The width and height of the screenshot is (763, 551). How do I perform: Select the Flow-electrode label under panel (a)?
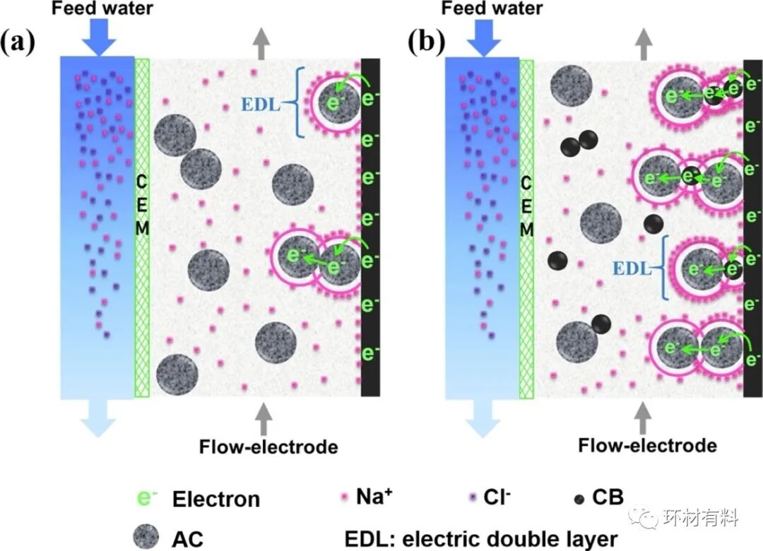(x=268, y=446)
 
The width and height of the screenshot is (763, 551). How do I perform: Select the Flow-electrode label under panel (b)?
(x=647, y=445)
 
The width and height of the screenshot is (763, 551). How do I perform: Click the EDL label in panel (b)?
(x=631, y=268)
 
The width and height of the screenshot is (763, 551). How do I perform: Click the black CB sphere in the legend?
(x=579, y=499)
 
